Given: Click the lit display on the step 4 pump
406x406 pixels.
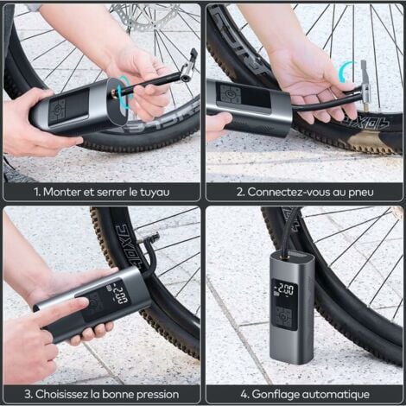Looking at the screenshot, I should click(282, 291).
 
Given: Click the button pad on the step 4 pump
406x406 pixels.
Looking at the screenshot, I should click(282, 317).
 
